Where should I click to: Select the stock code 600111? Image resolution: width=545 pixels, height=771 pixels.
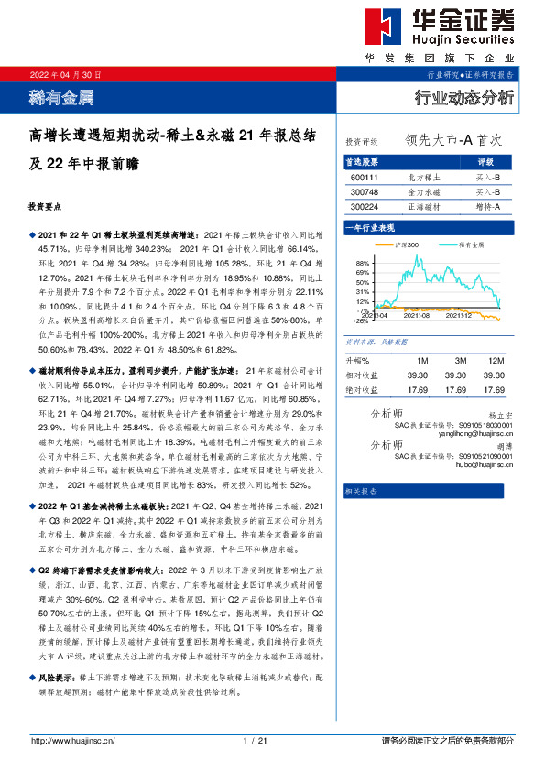click(x=364, y=177)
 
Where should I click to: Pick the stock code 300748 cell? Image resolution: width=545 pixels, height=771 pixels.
click(x=364, y=192)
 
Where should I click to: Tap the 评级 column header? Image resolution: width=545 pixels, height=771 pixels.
click(x=486, y=161)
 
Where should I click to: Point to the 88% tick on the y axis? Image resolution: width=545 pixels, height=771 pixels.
click(x=362, y=263)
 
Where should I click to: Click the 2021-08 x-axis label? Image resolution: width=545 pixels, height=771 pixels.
click(x=420, y=314)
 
